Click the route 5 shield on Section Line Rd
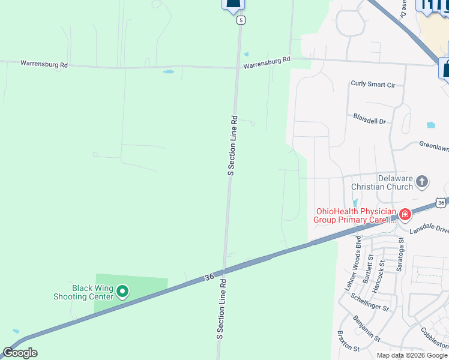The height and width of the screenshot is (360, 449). coord(241,20)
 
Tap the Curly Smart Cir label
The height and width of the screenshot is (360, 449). coord(373,85)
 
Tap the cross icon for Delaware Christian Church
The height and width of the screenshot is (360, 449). coord(422,181)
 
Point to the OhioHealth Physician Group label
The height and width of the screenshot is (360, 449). coord(355,215)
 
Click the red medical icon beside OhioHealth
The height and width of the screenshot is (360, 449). coord(405,214)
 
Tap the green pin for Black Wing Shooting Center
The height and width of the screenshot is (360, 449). coord(122,292)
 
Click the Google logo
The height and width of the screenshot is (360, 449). coord(20,353)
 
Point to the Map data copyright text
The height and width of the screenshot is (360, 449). coord(412,355)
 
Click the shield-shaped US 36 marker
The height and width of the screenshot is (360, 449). coord(441,203)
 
